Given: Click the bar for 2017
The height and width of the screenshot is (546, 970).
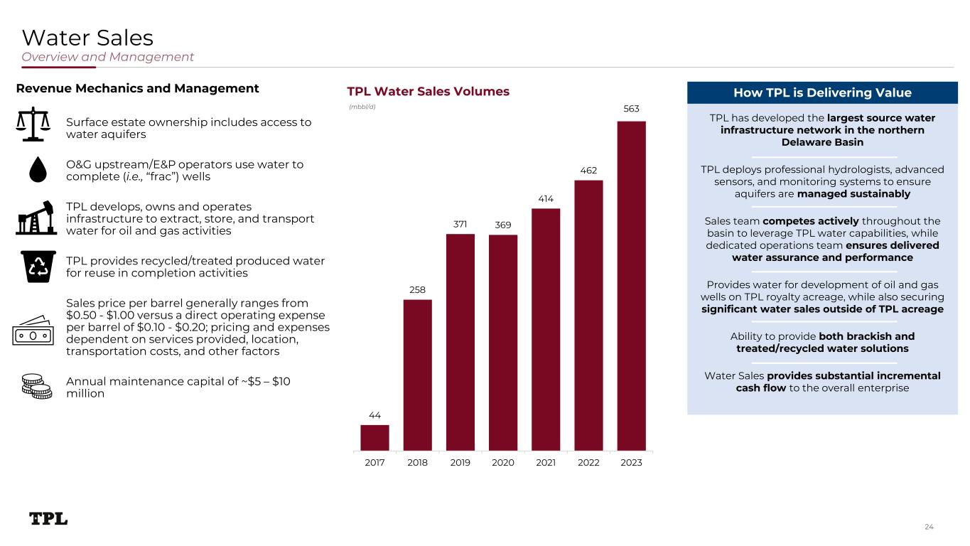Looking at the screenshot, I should [374, 437].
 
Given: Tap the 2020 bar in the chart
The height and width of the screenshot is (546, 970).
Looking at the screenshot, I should [503, 342].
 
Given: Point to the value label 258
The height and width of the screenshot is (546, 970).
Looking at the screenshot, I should [417, 289].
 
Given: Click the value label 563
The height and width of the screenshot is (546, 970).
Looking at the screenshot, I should [631, 109].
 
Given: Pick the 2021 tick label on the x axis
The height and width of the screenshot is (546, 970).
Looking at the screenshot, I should [546, 463].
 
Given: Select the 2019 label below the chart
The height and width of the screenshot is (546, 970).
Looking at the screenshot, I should [460, 463].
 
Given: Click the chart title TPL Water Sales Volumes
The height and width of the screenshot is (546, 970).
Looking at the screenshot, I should [428, 92].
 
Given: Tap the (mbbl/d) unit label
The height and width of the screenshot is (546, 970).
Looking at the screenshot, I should [362, 107].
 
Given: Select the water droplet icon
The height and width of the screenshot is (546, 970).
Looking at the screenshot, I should [34, 168].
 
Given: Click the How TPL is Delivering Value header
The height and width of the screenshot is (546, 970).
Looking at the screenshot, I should [822, 92].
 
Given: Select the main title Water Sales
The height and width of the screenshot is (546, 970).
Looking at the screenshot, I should [87, 37].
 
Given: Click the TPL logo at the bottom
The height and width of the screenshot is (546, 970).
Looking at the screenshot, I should [48, 519].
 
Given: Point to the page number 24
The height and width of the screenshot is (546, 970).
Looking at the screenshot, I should [929, 527].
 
